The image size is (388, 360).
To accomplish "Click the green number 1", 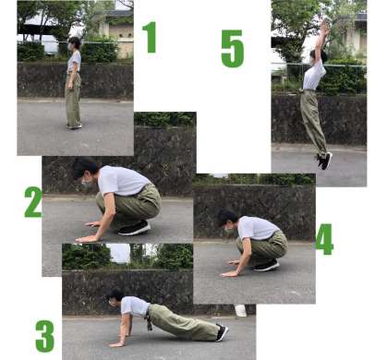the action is click(x=150, y=37).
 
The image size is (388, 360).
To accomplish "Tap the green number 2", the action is click(x=33, y=202).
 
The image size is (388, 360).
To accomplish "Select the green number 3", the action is click(x=45, y=336).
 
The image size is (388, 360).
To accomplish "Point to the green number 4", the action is click(x=324, y=239).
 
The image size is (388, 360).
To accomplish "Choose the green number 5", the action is click(x=233, y=49).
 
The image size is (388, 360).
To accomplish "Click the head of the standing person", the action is click(x=74, y=43).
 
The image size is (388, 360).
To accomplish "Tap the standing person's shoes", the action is click(x=74, y=126).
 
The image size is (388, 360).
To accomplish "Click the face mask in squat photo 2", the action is click(x=86, y=184).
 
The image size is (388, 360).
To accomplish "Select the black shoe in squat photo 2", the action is click(x=134, y=229).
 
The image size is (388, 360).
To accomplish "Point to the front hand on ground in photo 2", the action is click(x=87, y=239).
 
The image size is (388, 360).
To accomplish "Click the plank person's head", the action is click(x=114, y=296).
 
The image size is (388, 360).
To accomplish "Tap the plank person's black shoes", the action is click(x=222, y=332).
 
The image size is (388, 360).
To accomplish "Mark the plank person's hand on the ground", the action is click(x=116, y=344).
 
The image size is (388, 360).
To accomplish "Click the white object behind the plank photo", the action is click(x=240, y=310).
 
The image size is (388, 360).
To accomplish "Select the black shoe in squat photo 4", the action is click(x=266, y=266).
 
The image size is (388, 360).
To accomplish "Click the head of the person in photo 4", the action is click(x=227, y=219).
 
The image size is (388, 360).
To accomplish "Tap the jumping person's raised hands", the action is click(x=324, y=25).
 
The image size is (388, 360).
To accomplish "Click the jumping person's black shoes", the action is click(x=324, y=161).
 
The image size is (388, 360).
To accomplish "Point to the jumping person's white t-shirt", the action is click(x=314, y=75).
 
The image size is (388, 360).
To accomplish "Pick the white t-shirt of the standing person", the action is click(x=74, y=61).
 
